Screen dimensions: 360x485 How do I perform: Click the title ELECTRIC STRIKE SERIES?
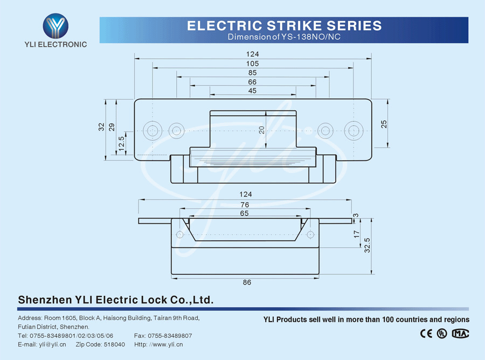(284, 25)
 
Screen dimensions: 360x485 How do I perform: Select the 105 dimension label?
(252, 64)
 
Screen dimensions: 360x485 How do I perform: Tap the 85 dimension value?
(252, 73)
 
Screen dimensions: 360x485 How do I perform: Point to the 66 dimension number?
(252, 82)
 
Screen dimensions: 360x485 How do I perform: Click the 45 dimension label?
(252, 91)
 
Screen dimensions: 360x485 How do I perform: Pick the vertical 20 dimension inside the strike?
(261, 130)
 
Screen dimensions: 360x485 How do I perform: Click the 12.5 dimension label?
(122, 143)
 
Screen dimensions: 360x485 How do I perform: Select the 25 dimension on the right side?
(384, 123)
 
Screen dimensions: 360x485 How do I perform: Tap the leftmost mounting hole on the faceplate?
(153, 130)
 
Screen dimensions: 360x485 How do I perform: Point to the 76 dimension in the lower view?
(245, 204)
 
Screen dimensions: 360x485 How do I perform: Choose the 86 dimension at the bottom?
(247, 282)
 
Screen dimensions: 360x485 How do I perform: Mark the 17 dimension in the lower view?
(356, 234)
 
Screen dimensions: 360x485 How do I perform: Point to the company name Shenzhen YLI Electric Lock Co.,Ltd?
(116, 300)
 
